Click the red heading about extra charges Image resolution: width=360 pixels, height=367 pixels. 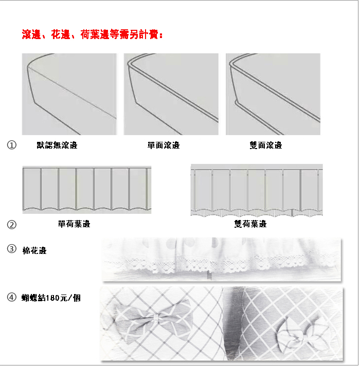tap(92, 34)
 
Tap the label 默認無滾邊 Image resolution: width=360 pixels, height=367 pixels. tap(57, 145)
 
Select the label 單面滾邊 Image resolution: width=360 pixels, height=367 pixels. tap(164, 145)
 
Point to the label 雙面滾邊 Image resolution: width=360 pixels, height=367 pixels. tap(266, 145)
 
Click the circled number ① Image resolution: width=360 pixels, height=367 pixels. tap(12, 145)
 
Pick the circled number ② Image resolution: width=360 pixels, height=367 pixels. tap(12, 225)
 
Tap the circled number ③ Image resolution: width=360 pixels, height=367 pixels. tap(12, 249)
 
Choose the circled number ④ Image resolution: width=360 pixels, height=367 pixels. tap(12, 298)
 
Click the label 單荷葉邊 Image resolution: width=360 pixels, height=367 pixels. tap(74, 224)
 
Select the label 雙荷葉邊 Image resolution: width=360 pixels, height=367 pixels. tap(250, 224)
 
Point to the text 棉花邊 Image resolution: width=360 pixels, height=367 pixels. tap(34, 251)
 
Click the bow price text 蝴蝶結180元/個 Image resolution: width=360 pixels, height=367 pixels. tap(51, 298)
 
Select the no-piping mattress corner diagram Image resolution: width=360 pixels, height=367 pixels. tap(69, 94)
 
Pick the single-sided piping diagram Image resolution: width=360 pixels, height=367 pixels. tap(171, 94)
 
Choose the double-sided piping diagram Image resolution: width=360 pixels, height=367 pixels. tap(273, 94)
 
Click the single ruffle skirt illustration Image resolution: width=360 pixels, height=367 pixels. tap(87, 190)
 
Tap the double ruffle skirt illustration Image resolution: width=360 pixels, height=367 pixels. tap(257, 191)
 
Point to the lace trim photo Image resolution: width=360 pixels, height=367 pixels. tap(222, 260)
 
